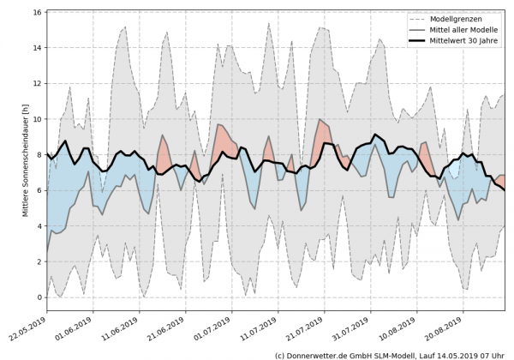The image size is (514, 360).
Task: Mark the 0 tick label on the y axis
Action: point(39,297)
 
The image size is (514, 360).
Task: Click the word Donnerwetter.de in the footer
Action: point(322,354)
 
